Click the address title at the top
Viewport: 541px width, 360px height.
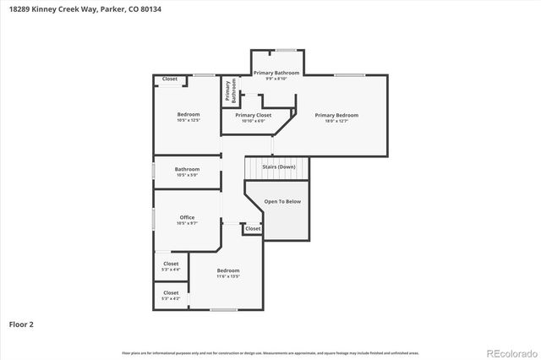[68, 8]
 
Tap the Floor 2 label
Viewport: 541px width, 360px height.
[21, 324]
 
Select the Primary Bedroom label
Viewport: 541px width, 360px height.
[336, 115]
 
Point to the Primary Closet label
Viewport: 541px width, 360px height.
[253, 115]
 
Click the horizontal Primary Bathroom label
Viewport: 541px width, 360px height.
[276, 73]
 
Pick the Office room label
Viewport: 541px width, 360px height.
[187, 217]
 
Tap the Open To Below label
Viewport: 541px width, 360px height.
[282, 202]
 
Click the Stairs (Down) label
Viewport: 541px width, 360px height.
[278, 167]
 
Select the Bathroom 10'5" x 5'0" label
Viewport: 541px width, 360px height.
[187, 169]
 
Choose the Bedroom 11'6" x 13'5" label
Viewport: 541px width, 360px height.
[228, 270]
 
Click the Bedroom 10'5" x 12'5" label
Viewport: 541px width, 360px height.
[188, 114]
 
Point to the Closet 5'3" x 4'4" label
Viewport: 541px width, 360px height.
[171, 264]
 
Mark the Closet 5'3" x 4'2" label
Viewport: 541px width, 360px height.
[171, 292]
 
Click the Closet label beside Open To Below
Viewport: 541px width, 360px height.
[253, 228]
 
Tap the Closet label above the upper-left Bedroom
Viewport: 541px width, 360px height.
[170, 79]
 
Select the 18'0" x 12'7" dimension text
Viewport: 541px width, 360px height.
[336, 122]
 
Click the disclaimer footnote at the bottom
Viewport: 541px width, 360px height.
[270, 352]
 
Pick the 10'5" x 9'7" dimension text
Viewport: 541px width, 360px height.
[187, 224]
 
